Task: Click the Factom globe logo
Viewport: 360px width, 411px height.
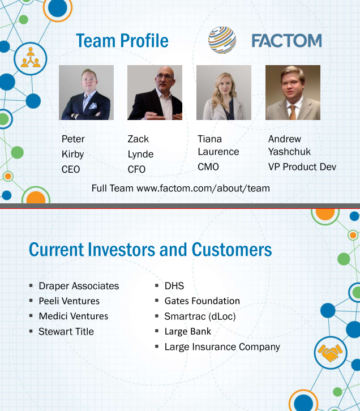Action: pos(222,40)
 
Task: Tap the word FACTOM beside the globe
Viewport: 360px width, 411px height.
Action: pos(286,41)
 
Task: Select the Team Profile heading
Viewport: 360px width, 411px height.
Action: pos(122,41)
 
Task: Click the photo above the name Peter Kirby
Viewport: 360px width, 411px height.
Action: pos(86,92)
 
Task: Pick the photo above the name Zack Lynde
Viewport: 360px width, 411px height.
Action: pos(155,92)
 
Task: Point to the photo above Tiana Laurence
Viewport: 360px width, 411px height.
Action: pos(224,92)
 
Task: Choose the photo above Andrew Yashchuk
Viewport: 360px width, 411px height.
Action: pos(293,92)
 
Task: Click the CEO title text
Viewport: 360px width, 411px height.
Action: pos(71,169)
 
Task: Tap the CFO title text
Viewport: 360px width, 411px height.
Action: pos(136,169)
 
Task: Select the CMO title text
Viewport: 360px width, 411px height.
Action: pos(208,166)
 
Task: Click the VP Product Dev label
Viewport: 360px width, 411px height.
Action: pos(302,166)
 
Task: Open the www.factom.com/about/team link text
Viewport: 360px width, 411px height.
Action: pos(203,188)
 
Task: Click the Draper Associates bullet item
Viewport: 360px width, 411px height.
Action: pos(79,286)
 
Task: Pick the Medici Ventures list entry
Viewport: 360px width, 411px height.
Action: pos(74,316)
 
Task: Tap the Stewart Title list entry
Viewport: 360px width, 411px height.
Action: pos(66,331)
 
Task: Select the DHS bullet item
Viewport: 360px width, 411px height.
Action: pos(174,286)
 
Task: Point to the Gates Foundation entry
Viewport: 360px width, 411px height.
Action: pos(202,301)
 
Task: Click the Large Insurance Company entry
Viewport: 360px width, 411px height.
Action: pos(222,347)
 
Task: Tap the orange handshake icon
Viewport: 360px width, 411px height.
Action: pos(330,353)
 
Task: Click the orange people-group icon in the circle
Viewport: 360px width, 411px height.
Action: pos(31,58)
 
